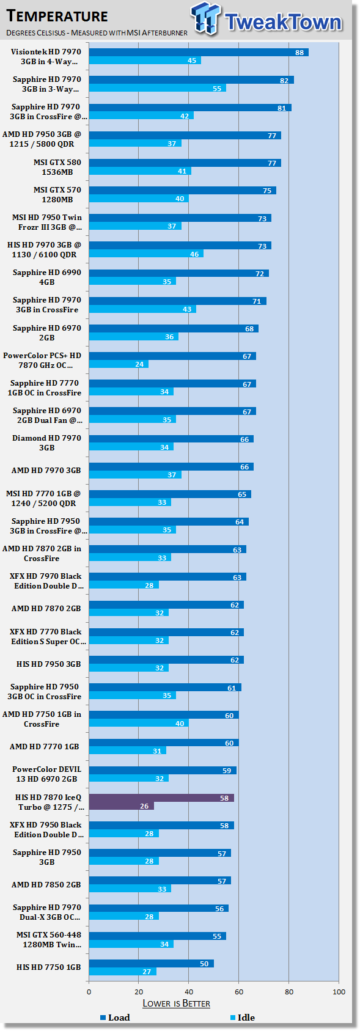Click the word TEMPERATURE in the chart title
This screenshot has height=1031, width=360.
(x=57, y=16)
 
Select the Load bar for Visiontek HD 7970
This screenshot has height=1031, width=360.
(x=199, y=53)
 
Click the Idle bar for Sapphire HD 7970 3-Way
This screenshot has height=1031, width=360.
(x=158, y=88)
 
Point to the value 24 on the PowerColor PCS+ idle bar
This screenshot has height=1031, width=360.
(x=139, y=364)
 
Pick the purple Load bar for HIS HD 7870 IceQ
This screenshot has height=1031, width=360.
(x=161, y=798)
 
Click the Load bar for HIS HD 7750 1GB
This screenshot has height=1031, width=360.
(x=152, y=963)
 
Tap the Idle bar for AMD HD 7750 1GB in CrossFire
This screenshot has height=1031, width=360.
(x=139, y=723)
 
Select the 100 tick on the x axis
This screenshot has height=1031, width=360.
(x=339, y=991)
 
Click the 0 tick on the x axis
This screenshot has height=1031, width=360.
(x=89, y=991)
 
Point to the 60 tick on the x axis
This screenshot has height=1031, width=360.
(x=239, y=991)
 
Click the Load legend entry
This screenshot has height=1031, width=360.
(x=115, y=1017)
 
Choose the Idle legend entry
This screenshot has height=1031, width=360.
(x=243, y=1017)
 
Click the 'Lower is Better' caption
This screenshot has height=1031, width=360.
(x=176, y=1003)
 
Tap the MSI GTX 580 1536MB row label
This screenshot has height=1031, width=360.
(x=57, y=167)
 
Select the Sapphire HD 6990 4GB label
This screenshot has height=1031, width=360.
(x=47, y=277)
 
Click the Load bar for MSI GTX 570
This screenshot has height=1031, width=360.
(x=183, y=191)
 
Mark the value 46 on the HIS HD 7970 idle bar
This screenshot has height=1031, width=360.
(x=195, y=254)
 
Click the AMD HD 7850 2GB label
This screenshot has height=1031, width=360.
(x=46, y=885)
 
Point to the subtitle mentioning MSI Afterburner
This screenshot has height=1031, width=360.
(x=97, y=32)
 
